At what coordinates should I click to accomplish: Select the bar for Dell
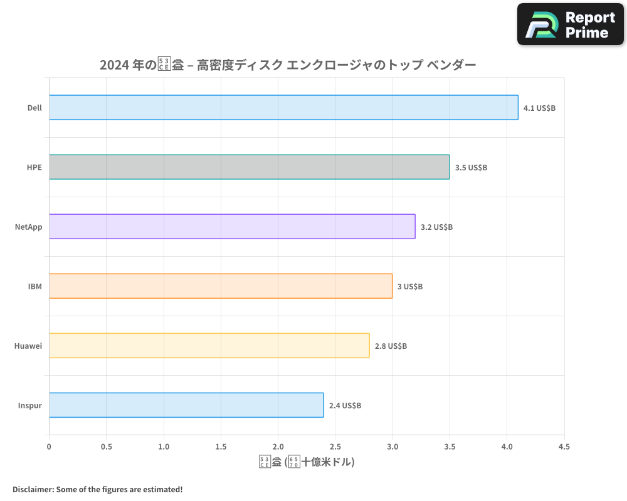283,108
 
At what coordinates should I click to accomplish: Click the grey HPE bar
249,167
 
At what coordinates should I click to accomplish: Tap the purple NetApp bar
232,227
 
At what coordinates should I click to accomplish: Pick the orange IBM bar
221,286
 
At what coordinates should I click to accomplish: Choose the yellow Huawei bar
209,346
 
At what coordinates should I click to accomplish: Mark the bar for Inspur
186,405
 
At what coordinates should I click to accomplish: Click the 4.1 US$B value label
539,108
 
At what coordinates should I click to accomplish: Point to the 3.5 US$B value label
471,167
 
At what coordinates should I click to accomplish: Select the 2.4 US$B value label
345,405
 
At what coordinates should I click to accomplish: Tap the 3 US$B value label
410,286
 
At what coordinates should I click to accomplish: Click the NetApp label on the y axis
29,227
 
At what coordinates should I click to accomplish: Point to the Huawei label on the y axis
28,346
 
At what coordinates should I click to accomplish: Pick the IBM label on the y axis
35,286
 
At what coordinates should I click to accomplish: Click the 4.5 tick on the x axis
564,447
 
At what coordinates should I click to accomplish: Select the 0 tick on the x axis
49,447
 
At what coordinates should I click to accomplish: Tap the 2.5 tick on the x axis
335,447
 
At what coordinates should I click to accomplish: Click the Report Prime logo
571,24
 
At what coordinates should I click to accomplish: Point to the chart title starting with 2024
288,65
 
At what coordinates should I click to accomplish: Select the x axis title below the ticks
307,462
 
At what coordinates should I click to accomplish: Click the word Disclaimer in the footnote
32,489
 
